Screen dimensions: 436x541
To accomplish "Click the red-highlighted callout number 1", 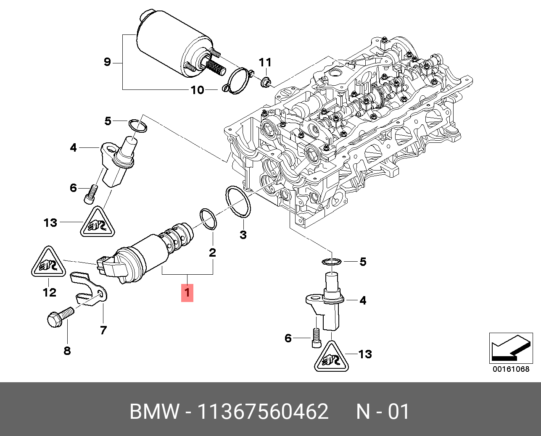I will (x=187, y=292).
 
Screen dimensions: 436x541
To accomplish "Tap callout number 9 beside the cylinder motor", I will (x=107, y=62).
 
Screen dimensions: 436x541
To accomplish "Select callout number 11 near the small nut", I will (x=265, y=63).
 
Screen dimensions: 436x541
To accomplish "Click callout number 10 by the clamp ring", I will (x=197, y=90).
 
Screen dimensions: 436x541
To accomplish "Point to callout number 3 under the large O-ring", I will (x=243, y=234).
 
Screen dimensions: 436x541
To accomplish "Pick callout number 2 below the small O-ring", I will (x=212, y=252).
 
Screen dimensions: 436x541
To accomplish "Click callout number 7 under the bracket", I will (x=103, y=330).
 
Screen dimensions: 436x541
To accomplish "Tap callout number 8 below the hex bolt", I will (x=67, y=350).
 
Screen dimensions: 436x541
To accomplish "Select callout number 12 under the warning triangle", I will (x=49, y=292).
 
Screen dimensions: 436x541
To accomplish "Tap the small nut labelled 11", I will (x=265, y=82).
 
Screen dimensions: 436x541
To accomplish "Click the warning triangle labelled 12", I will (x=48, y=263).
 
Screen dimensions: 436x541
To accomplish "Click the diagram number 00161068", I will (x=511, y=370).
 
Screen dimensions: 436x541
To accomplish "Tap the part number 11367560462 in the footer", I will (x=263, y=412).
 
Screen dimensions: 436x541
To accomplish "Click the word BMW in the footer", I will (x=154, y=412).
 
